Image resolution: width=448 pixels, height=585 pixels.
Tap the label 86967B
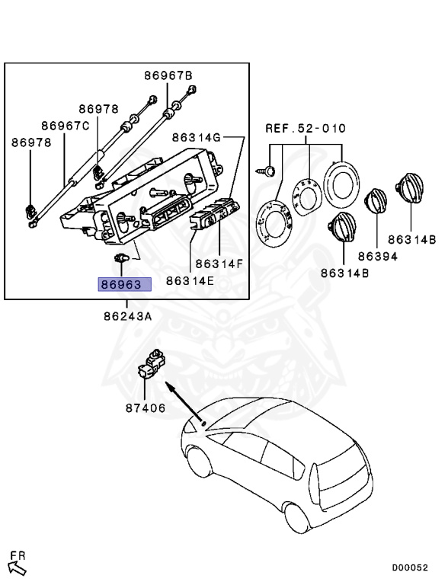coord(168,75)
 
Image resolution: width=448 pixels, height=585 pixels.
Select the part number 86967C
coord(66,126)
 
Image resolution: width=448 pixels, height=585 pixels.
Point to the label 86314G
coord(197,138)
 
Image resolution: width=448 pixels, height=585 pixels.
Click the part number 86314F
coord(219,264)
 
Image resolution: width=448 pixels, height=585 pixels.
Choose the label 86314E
coord(190,280)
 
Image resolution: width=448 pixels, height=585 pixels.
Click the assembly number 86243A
coord(128,316)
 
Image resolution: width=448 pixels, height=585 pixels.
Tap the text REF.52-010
coord(306,128)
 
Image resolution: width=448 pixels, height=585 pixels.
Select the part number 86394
coord(378,256)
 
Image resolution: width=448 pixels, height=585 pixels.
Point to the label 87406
coord(146,408)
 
